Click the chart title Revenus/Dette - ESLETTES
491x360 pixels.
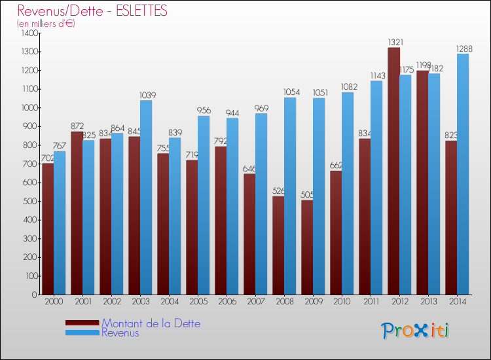(92, 11)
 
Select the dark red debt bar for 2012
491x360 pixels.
(393, 170)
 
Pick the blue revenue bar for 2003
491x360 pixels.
(145, 196)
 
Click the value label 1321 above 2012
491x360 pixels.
(395, 42)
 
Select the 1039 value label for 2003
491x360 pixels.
(148, 95)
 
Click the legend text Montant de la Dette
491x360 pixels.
(151, 323)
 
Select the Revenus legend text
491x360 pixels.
(120, 333)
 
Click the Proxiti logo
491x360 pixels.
(414, 331)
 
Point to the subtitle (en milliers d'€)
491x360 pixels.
(46, 24)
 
